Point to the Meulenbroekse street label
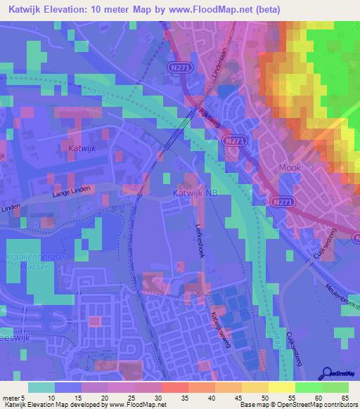[x=342, y=294]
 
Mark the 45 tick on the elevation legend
[x=240, y=397]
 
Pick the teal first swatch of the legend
[x=41, y=387]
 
